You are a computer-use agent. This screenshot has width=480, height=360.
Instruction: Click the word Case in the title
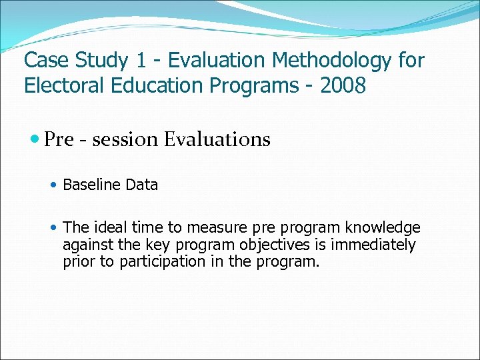pos(45,61)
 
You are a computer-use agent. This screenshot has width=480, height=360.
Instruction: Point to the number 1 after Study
pos(141,61)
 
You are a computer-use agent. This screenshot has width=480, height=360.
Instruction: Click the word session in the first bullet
pos(125,139)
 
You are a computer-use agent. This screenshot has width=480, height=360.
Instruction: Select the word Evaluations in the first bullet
pos(217,139)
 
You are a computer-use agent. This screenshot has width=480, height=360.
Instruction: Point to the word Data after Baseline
pos(141,185)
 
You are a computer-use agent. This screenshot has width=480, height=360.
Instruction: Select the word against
pos(87,245)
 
